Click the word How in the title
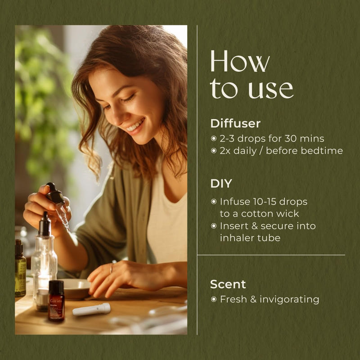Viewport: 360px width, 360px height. pos(240,63)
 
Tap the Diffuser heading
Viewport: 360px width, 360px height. pos(235,123)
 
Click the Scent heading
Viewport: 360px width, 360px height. pos(228,284)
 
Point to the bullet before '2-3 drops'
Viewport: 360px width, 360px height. pos(214,139)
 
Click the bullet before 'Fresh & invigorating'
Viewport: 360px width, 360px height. pos(214,299)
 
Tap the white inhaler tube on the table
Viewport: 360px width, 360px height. pos(92,310)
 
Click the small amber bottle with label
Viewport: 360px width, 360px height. pos(56,300)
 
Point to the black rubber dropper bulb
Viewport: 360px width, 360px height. pos(54,193)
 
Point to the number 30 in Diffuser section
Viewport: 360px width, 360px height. pos(288,139)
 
